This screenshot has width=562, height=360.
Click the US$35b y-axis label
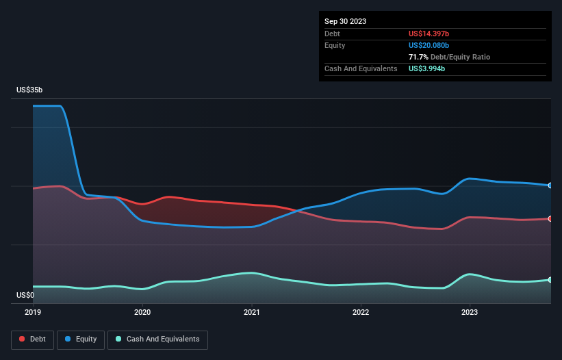pos(31,90)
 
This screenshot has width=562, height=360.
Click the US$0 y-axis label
pos(25,296)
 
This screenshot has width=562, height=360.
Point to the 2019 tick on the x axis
pos(33,312)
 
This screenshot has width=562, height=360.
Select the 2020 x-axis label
pos(142,312)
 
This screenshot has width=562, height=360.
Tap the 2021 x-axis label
pos(251,312)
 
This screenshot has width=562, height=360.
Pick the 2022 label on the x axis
pos(361,312)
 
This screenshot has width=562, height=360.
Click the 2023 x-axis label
pos(470,312)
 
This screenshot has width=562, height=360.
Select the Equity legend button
pos(81,339)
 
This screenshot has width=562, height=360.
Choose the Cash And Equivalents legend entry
pos(157,339)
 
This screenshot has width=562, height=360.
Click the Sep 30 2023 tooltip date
pos(345,21)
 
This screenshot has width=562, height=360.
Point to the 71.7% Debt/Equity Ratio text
pos(449,57)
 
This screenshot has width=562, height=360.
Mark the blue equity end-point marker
pos(550,185)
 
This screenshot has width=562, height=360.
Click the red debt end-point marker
pos(550,219)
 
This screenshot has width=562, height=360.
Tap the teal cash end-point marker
pos(550,280)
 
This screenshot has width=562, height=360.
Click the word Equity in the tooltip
pos(335,45)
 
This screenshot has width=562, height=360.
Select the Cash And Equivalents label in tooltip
pos(361,68)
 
